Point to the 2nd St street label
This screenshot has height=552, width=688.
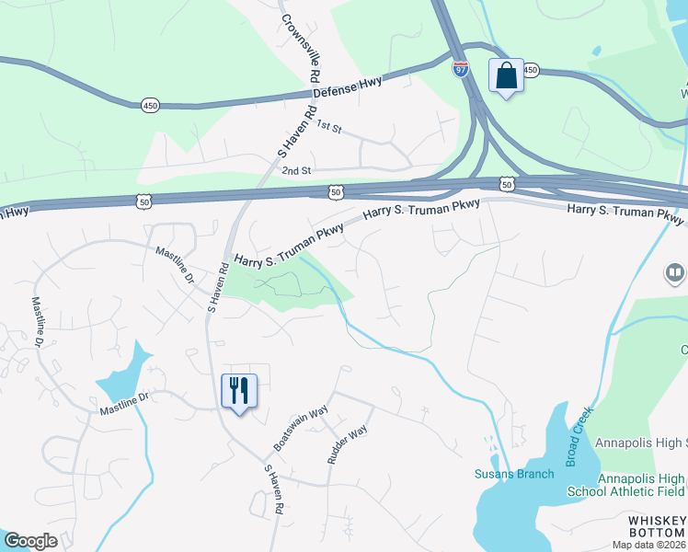pyautogui.click(x=297, y=170)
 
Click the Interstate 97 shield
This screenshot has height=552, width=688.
pyautogui.click(x=461, y=68)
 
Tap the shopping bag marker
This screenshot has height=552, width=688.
pyautogui.click(x=506, y=75)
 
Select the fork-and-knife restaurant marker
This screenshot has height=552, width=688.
pyautogui.click(x=239, y=391)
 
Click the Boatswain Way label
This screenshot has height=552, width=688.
pyautogui.click(x=300, y=429)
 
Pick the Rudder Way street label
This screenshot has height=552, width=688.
pyautogui.click(x=347, y=443)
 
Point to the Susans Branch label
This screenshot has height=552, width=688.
pyautogui.click(x=514, y=474)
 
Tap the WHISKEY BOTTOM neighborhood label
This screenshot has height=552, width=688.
pyautogui.click(x=657, y=526)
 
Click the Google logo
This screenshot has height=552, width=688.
pyautogui.click(x=29, y=541)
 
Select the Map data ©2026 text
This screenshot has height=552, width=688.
pyautogui.click(x=648, y=545)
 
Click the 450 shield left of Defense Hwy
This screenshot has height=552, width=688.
pyautogui.click(x=150, y=106)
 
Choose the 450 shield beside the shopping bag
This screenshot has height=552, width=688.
pyautogui.click(x=530, y=70)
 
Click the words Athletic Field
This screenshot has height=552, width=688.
pyautogui.click(x=654, y=491)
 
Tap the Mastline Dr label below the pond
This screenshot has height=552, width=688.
pyautogui.click(x=124, y=397)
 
